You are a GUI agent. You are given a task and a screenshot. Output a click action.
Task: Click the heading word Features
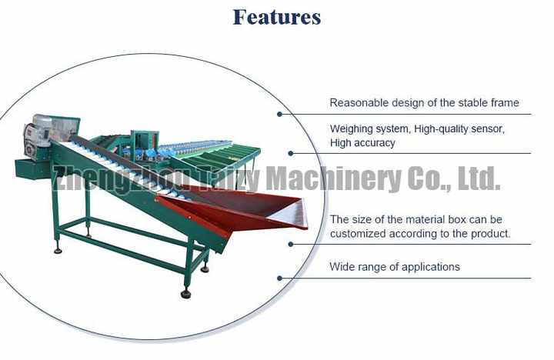coord(277,17)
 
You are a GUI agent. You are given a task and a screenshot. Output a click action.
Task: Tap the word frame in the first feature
coord(504,102)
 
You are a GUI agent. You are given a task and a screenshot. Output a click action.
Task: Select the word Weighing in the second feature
coord(352,129)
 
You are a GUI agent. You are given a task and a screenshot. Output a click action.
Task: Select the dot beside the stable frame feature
coord(279,114)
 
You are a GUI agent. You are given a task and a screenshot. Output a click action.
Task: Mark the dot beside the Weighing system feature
coord(290,153)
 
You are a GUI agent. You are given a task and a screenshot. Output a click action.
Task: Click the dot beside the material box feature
coord(290,244)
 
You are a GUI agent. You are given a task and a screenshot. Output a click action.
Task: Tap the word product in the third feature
coord(490,233)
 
